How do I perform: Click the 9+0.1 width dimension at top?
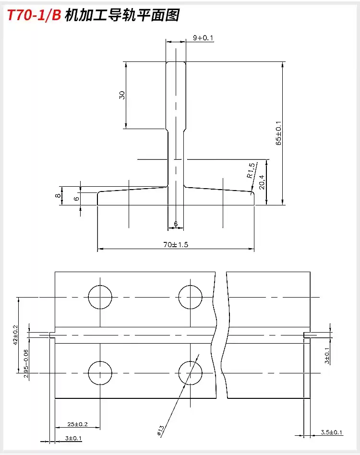pyautogui.click(x=203, y=38)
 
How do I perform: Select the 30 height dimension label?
pyautogui.click(x=122, y=95)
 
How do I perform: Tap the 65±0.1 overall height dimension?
pyautogui.click(x=279, y=133)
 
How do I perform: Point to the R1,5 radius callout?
pyautogui.click(x=252, y=170)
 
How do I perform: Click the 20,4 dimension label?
pyautogui.click(x=262, y=182)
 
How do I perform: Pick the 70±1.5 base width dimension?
pyautogui.click(x=176, y=245)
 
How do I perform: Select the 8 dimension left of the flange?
pyautogui.click(x=58, y=195)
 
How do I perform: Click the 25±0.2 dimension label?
pyautogui.click(x=78, y=425)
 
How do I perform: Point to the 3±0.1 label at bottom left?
pyautogui.click(x=74, y=438)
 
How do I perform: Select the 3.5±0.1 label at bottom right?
pyautogui.click(x=332, y=432)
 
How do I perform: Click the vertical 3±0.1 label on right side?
pyautogui.click(x=327, y=356)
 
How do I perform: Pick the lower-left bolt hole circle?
pyautogui.click(x=100, y=373)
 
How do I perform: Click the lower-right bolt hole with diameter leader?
pyautogui.click(x=190, y=373)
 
